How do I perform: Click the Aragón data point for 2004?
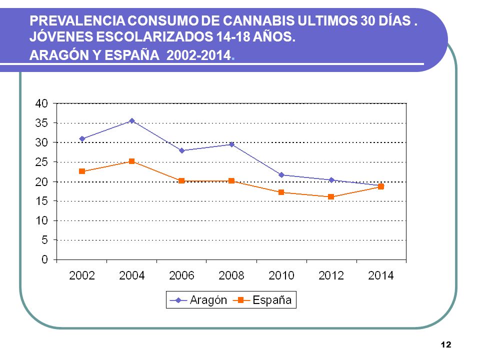click(x=132, y=121)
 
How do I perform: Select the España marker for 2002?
click(x=82, y=171)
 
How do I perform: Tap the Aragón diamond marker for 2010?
click(x=281, y=175)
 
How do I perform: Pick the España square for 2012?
click(x=331, y=197)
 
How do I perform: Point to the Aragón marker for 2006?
click(x=182, y=150)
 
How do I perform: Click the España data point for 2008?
click(x=231, y=181)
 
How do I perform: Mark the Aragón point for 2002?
click(x=82, y=139)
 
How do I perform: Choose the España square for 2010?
click(x=281, y=192)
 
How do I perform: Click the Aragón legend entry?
click(x=198, y=300)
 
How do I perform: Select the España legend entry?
click(x=262, y=300)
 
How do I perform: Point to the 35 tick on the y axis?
click(x=42, y=123)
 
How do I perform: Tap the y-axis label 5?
click(x=44, y=240)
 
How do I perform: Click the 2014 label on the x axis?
click(x=381, y=276)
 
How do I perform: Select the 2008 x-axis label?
click(x=231, y=276)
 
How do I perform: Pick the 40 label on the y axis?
click(x=42, y=103)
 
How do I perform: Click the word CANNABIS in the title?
click(x=259, y=21)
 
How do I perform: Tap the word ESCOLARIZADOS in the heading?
click(x=154, y=36)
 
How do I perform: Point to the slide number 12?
click(x=446, y=344)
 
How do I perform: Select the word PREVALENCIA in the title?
click(x=77, y=21)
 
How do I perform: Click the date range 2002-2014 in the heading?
click(x=198, y=55)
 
